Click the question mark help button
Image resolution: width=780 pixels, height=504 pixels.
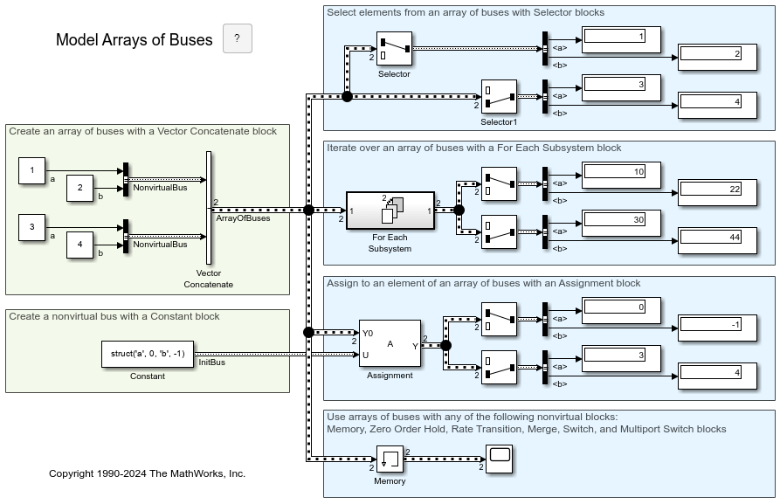coord(238,39)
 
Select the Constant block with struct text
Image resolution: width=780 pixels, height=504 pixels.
coord(147,354)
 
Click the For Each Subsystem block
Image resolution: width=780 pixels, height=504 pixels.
coord(390,211)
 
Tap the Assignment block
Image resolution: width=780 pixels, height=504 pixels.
coord(390,344)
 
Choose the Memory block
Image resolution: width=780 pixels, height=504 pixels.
coord(390,459)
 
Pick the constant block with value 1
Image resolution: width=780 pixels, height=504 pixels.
coord(32,171)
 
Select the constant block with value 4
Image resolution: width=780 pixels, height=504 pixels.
coord(80,245)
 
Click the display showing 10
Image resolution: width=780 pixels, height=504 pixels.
coord(621,172)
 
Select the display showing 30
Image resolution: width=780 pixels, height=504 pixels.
coord(621,220)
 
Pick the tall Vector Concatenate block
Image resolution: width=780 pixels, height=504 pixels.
coord(209,207)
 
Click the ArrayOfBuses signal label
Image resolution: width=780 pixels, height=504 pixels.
coord(243,218)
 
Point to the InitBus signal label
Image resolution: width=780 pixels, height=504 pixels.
coord(211,362)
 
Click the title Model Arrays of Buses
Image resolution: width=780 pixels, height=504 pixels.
coord(134,40)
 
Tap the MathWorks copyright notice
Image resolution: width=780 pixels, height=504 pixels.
coord(147,473)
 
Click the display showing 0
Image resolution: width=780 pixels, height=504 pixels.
coord(621,307)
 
